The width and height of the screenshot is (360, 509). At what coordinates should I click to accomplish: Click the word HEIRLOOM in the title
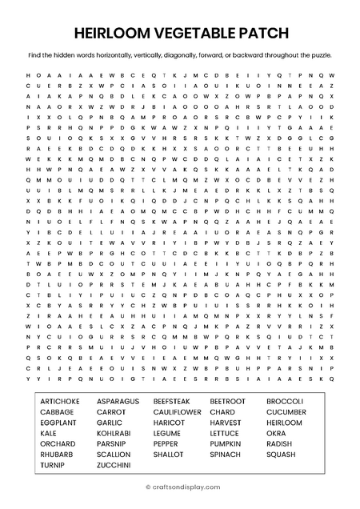(111, 33)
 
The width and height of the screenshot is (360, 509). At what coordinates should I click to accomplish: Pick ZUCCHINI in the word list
(114, 465)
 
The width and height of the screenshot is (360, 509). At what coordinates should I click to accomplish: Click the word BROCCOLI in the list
(285, 401)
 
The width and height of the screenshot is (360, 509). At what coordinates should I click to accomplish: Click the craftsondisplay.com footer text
(183, 485)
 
